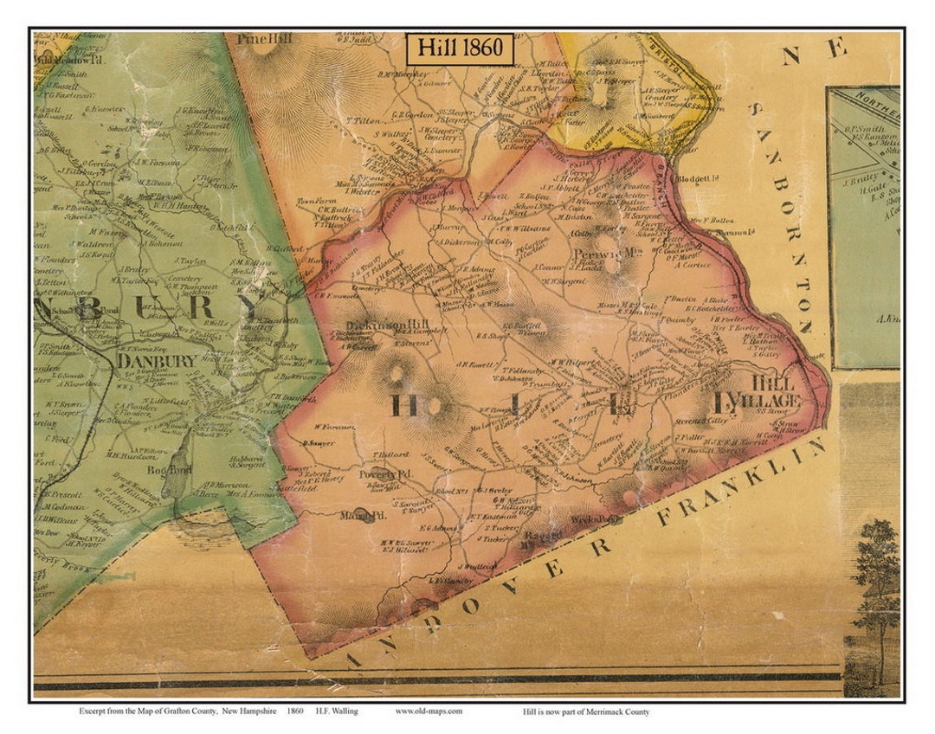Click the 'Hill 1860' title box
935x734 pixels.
[x=461, y=48]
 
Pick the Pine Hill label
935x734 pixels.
[x=260, y=40]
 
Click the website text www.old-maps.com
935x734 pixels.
[x=429, y=711]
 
